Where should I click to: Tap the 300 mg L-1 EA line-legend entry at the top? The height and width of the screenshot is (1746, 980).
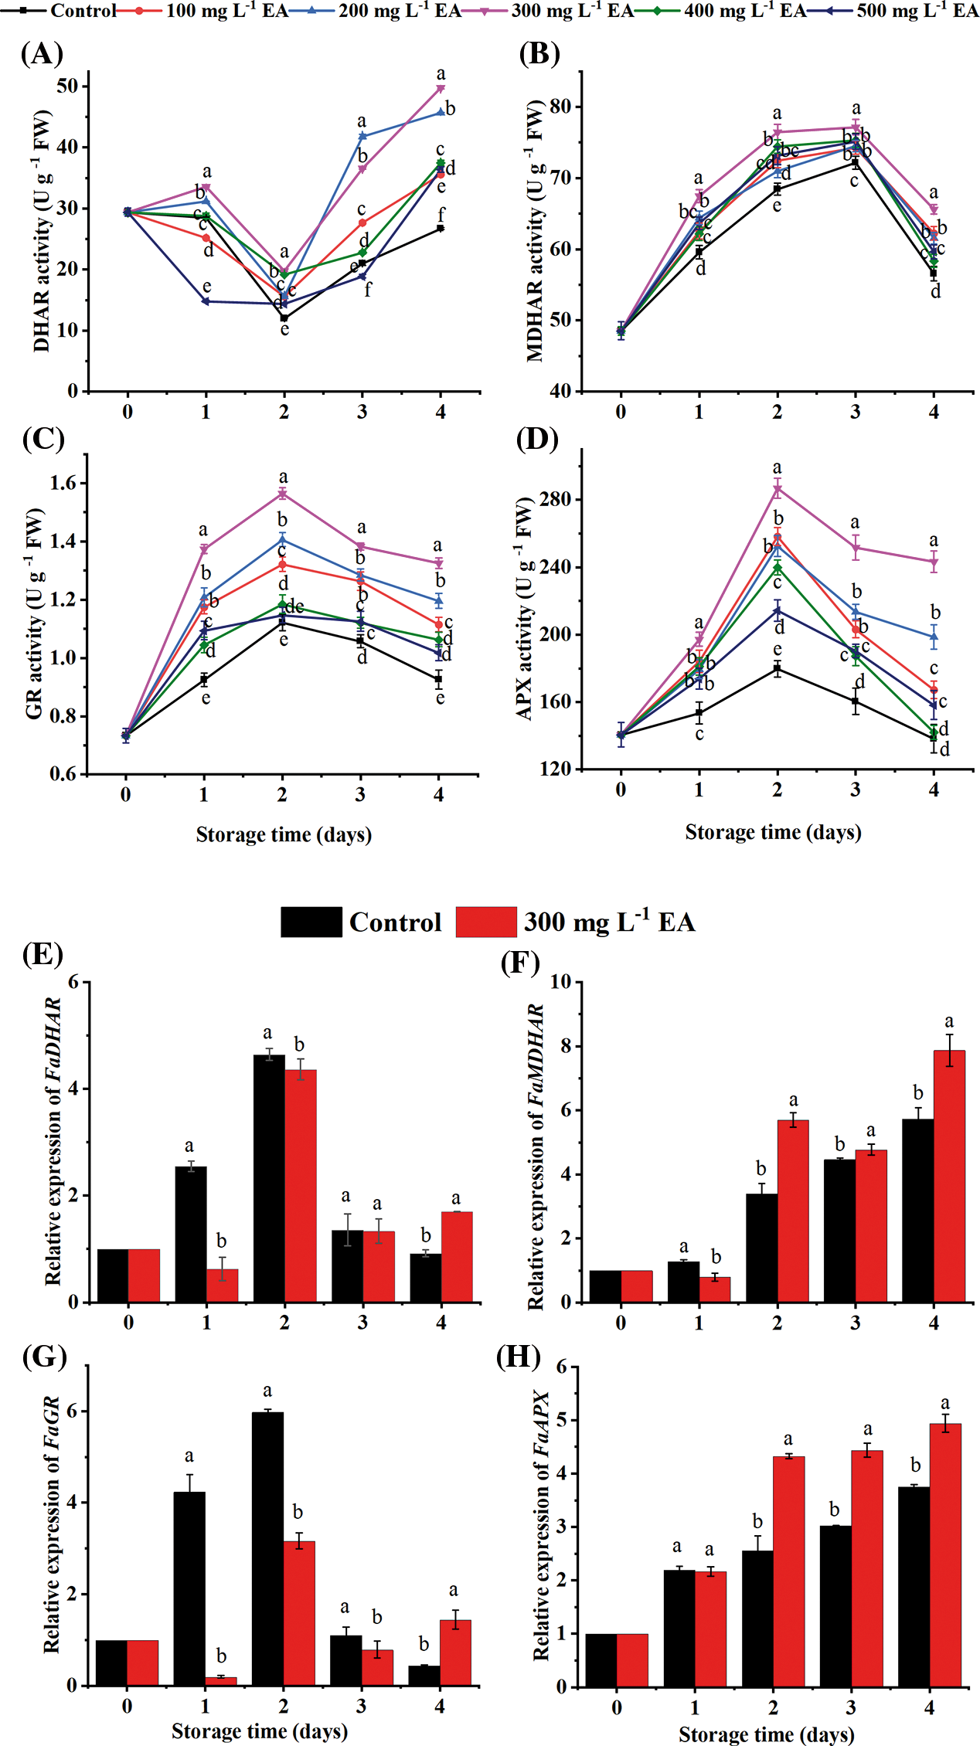(572, 11)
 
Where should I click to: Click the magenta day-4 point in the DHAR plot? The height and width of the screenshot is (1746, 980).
(441, 88)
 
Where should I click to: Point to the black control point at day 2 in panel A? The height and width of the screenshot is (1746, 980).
(284, 318)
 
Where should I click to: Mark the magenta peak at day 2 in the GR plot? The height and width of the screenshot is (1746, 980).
(283, 493)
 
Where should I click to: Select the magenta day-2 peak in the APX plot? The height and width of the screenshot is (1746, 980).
(778, 488)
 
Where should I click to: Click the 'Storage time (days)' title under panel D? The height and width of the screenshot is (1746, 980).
(773, 833)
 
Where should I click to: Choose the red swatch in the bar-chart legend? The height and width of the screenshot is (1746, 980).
(486, 922)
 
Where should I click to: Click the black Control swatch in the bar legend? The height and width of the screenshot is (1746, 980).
(311, 922)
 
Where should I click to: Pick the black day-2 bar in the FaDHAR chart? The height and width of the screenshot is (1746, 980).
(269, 1178)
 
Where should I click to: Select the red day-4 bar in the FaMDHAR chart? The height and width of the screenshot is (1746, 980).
(949, 1176)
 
